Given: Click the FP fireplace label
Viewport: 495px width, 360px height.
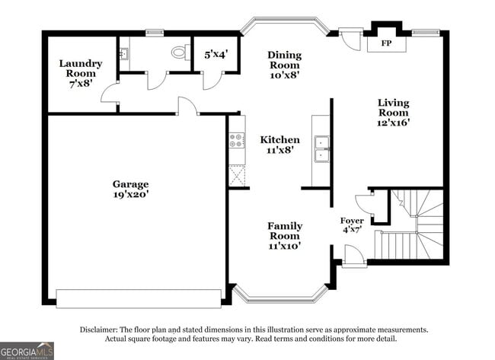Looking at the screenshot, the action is point(386,43).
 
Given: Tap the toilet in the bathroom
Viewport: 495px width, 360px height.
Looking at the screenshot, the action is point(181,52).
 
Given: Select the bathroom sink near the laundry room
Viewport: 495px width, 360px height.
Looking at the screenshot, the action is point(124,53).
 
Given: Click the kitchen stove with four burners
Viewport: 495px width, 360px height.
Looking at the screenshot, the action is point(237,140).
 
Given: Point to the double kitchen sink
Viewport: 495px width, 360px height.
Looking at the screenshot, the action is point(321,149).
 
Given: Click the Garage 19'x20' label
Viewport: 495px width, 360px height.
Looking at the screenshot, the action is point(131,189).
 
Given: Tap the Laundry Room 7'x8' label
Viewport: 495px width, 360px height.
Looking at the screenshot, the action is point(81,73).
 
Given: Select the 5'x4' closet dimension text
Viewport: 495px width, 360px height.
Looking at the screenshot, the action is point(216,55).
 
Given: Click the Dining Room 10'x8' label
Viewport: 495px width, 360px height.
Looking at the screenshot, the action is point(285,65).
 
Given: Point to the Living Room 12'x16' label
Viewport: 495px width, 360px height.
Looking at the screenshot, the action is point(394,113).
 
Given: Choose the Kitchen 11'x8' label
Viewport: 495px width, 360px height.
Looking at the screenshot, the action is point(279,145).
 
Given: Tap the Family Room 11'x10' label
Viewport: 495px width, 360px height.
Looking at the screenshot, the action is point(285,236).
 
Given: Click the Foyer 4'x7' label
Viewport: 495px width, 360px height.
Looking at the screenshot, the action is point(352,225).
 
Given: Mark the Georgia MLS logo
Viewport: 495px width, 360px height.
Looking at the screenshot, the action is point(27,351).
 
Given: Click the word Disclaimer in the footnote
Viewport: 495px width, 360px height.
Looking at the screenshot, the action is point(99,330).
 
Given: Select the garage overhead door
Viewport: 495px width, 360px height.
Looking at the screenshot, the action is point(139,298).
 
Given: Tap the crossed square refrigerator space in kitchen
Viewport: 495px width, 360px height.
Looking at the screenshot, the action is point(237,175).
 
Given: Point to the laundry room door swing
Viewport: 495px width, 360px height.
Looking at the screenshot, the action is point(110,92).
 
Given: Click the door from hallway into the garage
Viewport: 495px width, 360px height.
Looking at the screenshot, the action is point(188,106).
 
